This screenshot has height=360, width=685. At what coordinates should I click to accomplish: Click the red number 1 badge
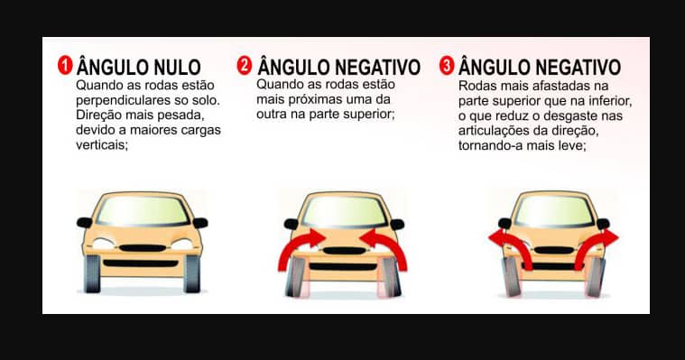[65, 67]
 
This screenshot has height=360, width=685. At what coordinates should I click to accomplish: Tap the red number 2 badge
[244, 67]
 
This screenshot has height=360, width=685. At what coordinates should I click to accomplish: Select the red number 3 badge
[446, 67]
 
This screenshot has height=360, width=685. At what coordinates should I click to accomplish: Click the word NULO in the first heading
[172, 68]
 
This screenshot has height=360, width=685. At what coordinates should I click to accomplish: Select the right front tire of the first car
[191, 273]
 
